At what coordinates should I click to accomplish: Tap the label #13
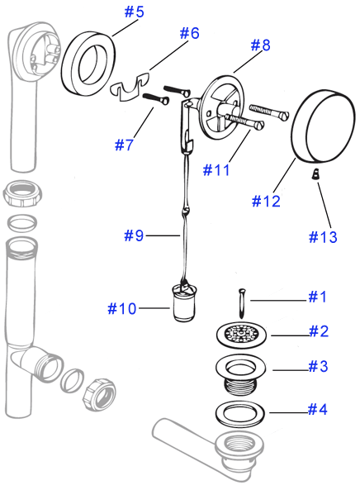click(x=324, y=236)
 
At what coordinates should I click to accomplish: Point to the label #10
click(x=122, y=308)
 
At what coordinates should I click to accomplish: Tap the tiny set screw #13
click(x=315, y=175)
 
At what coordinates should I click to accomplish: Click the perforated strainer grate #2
click(x=241, y=334)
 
